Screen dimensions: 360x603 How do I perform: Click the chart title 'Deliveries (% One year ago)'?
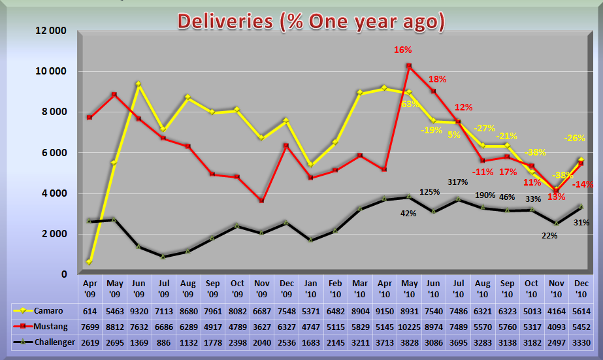311,22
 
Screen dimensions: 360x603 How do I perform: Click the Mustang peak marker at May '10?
409,66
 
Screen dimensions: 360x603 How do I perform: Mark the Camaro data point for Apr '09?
89,262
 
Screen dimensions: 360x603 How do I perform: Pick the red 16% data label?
402,50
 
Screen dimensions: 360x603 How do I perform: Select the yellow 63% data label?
410,104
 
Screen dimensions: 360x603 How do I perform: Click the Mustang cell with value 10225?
410,327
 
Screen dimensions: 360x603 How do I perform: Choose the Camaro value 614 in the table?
89,310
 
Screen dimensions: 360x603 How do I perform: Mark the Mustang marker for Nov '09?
261,201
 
